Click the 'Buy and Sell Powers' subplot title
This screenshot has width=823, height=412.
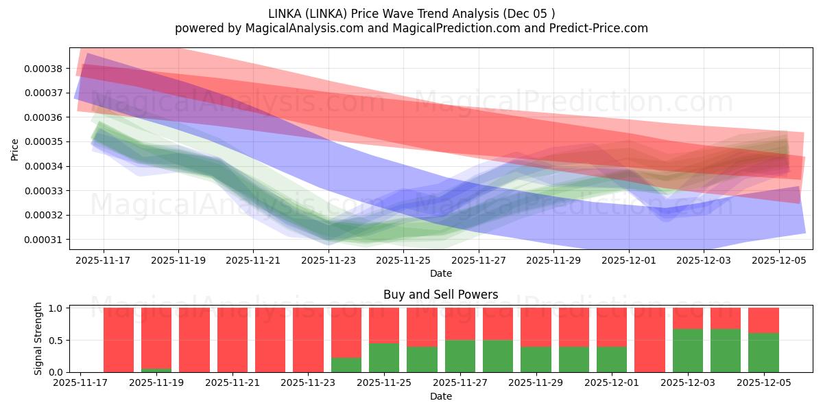(x=440, y=295)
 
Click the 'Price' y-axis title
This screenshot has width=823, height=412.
(x=15, y=148)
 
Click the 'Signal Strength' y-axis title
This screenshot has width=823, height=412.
(x=38, y=339)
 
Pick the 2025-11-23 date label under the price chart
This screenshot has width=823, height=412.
(x=329, y=260)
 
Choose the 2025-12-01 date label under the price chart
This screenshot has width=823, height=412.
(x=629, y=260)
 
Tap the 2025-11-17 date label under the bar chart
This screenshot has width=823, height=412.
(x=80, y=383)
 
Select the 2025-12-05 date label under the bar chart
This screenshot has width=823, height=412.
(x=763, y=383)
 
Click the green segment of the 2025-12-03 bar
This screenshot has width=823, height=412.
(x=687, y=350)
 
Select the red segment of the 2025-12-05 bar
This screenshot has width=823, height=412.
(x=763, y=320)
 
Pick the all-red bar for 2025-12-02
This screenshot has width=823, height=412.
(x=649, y=340)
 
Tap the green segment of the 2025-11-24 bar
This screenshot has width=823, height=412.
(x=346, y=365)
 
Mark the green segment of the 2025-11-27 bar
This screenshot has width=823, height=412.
(x=460, y=356)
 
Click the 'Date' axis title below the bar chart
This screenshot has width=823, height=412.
(x=440, y=396)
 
